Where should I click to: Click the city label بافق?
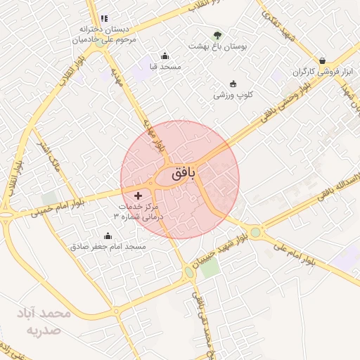tap(180, 171)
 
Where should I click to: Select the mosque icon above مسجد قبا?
tap(165, 56)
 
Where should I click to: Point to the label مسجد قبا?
tap(161, 67)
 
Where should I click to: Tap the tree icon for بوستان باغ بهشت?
tap(217, 35)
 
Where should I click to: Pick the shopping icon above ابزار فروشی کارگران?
tap(321, 61)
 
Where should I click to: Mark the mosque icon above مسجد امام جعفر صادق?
tap(108, 236)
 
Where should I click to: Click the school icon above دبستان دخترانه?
tap(104, 18)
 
